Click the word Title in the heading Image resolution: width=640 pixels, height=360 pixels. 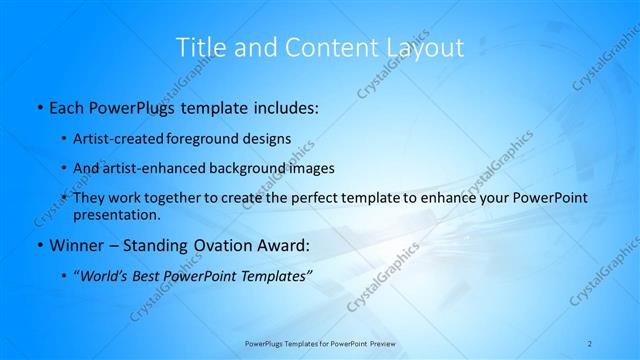pos(197,47)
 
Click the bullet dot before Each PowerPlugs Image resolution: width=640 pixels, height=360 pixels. pos(39,105)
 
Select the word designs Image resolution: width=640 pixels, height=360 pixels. pos(268,138)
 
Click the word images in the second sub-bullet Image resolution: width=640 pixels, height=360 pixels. pos(311,168)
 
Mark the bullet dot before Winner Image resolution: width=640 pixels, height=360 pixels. pos(39,244)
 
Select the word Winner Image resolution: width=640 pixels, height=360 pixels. pos(77,244)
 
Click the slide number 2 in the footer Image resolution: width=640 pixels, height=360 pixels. pos(590,343)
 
